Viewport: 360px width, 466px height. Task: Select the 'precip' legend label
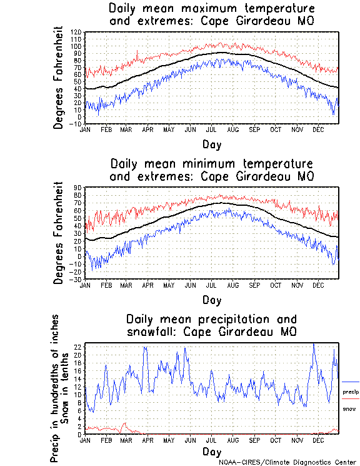[351, 392]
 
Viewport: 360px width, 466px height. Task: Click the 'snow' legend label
[349, 408]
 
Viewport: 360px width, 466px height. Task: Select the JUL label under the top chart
[212, 129]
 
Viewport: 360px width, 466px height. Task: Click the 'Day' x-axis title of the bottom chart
[212, 451]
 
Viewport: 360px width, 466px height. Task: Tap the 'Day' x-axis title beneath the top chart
[212, 144]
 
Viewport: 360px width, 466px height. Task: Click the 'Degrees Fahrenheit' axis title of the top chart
[59, 78]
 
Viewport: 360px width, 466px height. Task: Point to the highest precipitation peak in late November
[313, 344]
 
